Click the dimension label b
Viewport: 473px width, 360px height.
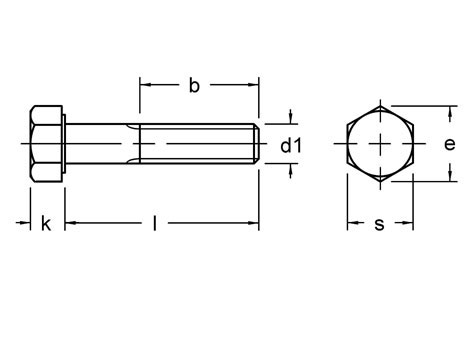[194, 87]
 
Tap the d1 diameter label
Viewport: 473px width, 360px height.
[290, 146]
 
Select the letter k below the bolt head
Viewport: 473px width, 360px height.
[45, 225]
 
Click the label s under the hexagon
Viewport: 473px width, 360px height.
[379, 225]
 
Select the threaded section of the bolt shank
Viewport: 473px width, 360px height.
[200, 145]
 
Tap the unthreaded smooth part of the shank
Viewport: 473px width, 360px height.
[100, 145]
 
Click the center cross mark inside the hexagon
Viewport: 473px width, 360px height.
[380, 145]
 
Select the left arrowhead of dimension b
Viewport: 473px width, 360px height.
[142, 87]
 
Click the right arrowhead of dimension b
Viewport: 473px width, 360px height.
[255, 87]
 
